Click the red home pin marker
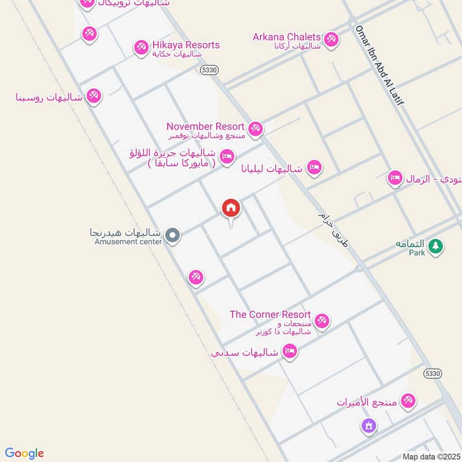(x=231, y=208)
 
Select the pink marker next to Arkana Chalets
(x=330, y=39)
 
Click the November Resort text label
(x=205, y=126)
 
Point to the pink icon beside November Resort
(x=255, y=128)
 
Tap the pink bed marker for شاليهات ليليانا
(x=314, y=167)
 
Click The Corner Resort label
(x=270, y=315)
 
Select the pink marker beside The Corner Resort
(x=322, y=320)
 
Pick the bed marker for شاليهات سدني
(x=290, y=351)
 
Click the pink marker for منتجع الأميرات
(x=408, y=400)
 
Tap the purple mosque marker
(x=368, y=427)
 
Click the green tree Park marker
(x=437, y=246)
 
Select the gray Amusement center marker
(x=172, y=235)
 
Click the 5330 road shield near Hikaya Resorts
(x=209, y=69)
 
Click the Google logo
(x=24, y=453)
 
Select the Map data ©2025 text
(x=430, y=457)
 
